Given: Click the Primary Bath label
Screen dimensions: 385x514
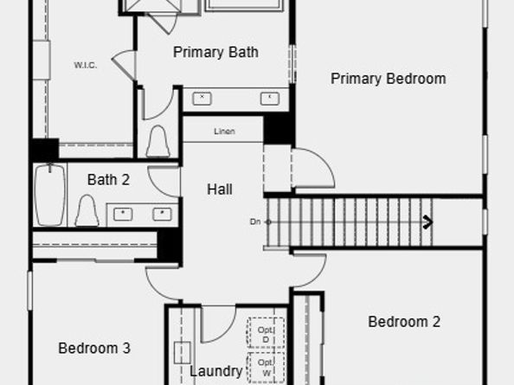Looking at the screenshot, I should coord(215,53).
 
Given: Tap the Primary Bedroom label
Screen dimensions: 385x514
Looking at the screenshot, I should coord(389,79).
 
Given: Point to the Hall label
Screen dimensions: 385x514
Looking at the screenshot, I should coord(220,189).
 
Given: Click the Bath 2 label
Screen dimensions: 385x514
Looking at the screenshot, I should coord(108,180).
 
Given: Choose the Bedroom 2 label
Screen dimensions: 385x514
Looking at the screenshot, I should coord(404,322).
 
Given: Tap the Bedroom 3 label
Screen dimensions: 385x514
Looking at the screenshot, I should coord(94,349).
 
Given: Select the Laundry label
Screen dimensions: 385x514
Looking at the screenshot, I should coord(216,371).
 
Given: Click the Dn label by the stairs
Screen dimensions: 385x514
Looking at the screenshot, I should coord(255,222).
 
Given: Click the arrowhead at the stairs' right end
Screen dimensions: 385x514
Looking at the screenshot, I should coord(427,222).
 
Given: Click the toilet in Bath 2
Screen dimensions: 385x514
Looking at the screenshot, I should coord(87,210).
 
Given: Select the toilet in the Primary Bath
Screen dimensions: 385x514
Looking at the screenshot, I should coord(157,141).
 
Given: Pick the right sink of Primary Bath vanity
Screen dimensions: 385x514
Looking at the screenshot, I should coord(270,98).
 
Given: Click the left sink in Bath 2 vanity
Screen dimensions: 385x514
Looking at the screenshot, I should coord(124,214).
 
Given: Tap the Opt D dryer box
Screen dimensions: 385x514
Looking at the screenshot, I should coord(266,333).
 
